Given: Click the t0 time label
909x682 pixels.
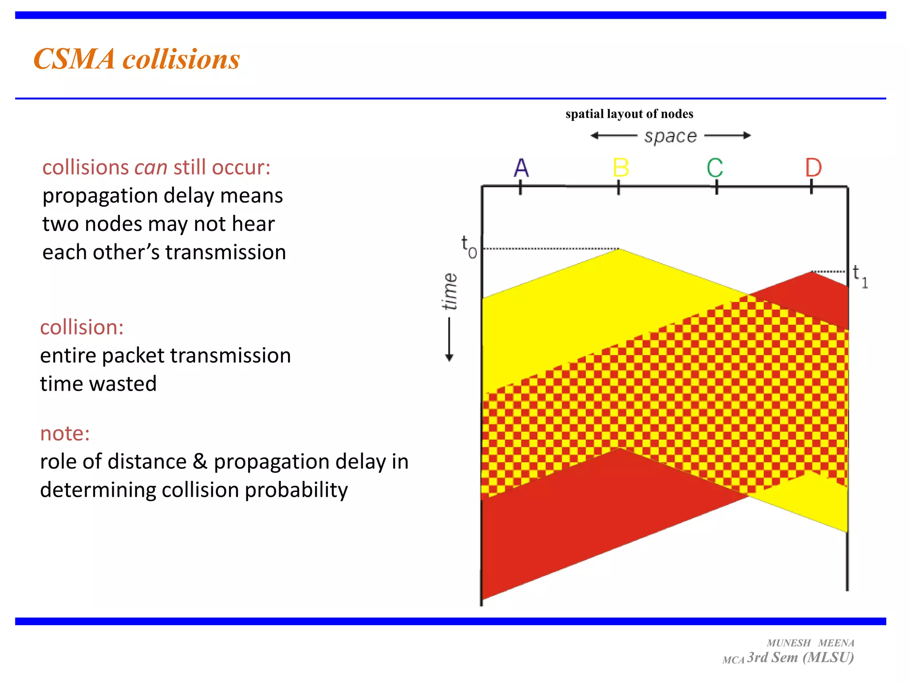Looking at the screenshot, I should click(468, 247).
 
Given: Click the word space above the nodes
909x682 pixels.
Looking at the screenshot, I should click(670, 136).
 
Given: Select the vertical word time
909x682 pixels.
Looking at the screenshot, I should click(450, 291).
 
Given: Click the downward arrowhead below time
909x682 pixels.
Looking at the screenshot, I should click(449, 357).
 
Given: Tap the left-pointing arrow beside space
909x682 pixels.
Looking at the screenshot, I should click(595, 135).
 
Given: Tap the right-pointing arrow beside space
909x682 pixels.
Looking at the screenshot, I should click(747, 135).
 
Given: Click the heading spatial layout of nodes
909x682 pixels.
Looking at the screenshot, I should click(629, 114).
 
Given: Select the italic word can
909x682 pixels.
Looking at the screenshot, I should click(151, 168).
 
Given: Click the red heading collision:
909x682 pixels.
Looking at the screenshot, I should click(82, 327).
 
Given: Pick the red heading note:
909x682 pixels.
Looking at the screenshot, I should click(65, 433).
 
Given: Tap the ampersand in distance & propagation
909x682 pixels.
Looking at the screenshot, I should click(200, 462).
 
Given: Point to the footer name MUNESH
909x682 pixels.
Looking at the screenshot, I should click(789, 643).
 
